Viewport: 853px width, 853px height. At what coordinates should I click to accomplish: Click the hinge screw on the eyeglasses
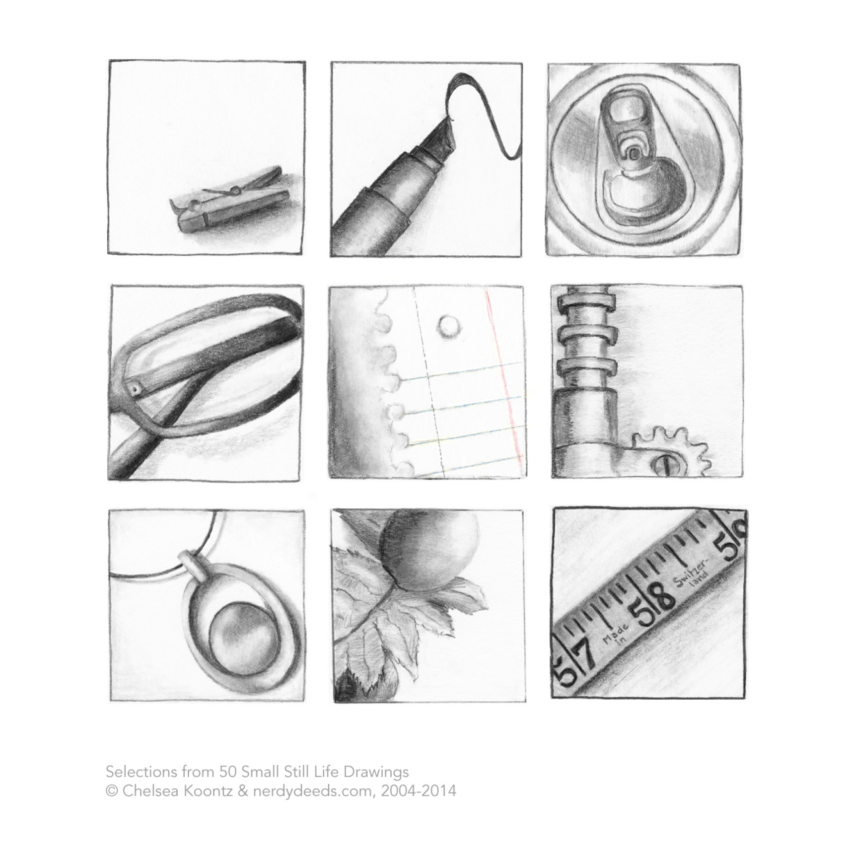pos(135,390)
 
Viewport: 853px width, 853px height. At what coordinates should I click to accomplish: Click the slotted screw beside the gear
pos(664,464)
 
